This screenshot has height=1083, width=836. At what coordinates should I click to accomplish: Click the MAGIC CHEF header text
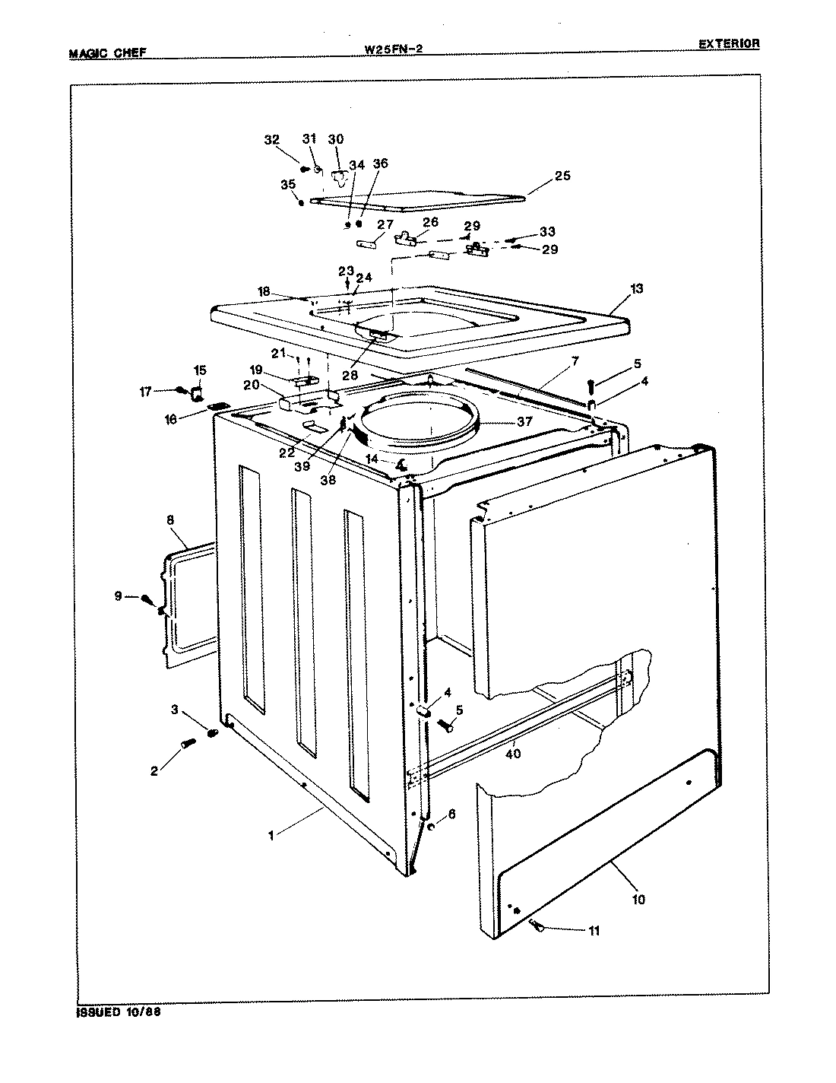pos(107,53)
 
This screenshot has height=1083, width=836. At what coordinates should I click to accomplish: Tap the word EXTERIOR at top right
pos(729,44)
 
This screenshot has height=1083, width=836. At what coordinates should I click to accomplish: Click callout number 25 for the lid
pos(562,176)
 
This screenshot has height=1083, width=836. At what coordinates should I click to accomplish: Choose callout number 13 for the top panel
pos(636,288)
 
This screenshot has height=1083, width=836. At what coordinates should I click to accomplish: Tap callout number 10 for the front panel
pos(638,899)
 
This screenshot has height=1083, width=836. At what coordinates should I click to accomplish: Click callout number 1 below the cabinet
pos(271,834)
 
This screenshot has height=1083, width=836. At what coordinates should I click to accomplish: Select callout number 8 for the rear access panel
pos(169,520)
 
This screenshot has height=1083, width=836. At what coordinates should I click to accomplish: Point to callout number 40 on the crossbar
pos(513,754)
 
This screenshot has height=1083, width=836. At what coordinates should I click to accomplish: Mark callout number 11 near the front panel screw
pos(594,930)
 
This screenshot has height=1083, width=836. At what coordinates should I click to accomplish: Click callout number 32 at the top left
pos(271,140)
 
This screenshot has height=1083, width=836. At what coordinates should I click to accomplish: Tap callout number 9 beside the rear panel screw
pos(118,596)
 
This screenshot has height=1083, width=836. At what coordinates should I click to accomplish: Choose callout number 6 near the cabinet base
pos(451,813)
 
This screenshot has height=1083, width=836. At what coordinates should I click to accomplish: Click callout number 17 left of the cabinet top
pos(145,392)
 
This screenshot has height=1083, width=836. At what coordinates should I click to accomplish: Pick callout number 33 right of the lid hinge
pos(547,231)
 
